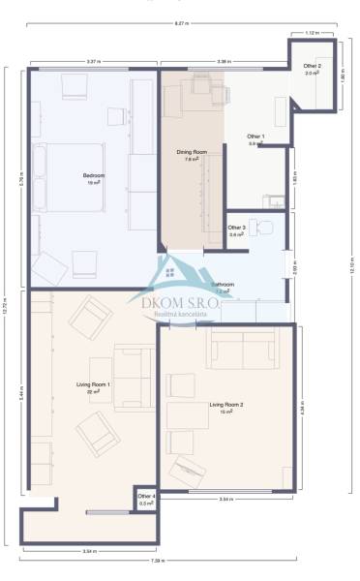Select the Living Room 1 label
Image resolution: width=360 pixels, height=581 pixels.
coord(93,387)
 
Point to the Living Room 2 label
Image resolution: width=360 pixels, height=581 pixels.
coord(226,407)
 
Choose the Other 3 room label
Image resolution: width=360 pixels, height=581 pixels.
coord(237,230)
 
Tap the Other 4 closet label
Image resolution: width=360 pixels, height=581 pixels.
coord(147,499)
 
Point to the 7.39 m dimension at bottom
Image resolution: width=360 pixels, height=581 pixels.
coord(155,562)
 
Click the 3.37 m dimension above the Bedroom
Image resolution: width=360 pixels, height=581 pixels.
coord(93,62)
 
